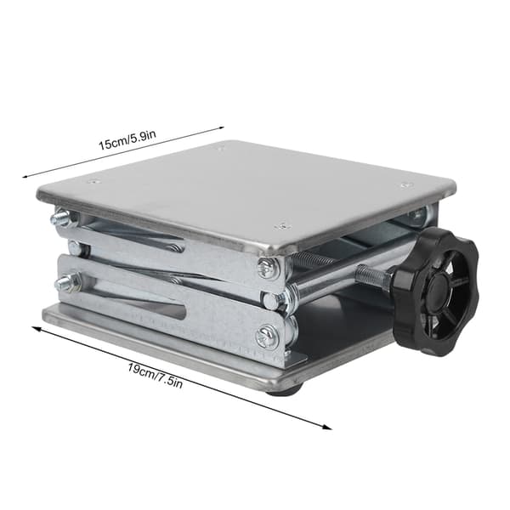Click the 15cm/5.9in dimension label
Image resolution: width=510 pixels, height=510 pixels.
click(127, 140)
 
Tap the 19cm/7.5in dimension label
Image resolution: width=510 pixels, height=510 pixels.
click(155, 376)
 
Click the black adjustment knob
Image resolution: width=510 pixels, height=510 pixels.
click(436, 292)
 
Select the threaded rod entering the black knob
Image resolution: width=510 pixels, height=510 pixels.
click(375, 275)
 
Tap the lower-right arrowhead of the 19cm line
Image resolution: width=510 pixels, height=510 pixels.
click(327, 427)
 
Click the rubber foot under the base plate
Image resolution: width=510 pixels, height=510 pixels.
click(286, 390)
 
